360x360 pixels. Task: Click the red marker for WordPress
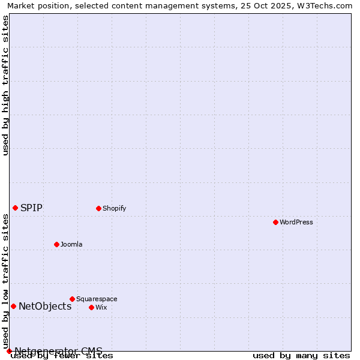click(275, 222)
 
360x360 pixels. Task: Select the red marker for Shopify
click(98, 208)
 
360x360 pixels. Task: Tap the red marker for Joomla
click(56, 244)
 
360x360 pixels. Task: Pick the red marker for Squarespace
click(72, 299)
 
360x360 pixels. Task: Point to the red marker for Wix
click(91, 307)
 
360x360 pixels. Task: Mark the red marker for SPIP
click(15, 208)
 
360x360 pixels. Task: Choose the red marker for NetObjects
click(13, 306)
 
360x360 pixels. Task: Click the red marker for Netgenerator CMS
click(9, 351)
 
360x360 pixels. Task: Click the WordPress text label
click(296, 222)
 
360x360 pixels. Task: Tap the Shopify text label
click(114, 208)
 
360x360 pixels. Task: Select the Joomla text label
click(71, 244)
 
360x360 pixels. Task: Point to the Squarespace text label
click(97, 299)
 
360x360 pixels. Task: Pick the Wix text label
click(101, 307)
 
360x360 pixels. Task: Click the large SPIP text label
click(31, 208)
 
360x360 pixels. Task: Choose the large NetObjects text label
click(45, 306)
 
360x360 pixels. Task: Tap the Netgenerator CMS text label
click(58, 351)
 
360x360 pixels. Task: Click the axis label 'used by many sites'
click(301, 356)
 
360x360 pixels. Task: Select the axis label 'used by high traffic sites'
click(5, 85)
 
